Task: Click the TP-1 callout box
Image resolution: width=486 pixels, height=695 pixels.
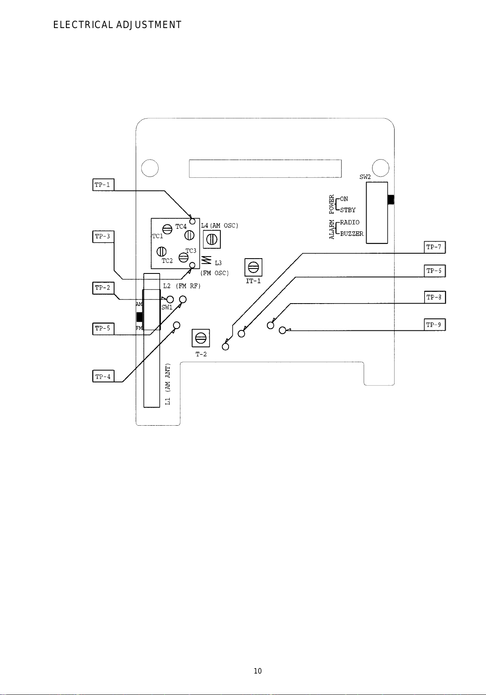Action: coord(103,185)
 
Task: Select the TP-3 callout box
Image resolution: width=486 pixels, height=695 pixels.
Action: coord(103,236)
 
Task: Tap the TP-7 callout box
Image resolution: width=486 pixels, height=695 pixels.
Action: coord(435,247)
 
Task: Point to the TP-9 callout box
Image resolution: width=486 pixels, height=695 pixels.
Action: coord(435,325)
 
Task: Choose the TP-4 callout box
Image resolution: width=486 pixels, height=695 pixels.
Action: coord(103,376)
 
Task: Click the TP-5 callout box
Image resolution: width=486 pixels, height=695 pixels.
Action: coord(103,329)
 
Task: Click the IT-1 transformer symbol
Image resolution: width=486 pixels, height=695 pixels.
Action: coord(253,267)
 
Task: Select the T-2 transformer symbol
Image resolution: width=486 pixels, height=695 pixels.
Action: coord(201,338)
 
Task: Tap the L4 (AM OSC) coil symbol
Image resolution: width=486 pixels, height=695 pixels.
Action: coord(212,239)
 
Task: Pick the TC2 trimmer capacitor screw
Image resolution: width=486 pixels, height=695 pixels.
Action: coord(161,251)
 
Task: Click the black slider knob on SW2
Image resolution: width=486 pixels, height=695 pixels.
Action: coord(391,199)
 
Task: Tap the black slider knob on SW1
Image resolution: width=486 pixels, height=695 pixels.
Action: coord(140,317)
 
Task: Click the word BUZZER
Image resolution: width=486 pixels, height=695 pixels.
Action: coord(352,234)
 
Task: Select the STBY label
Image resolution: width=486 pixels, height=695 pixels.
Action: coord(348,210)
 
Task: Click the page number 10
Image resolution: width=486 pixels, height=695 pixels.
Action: coord(258,671)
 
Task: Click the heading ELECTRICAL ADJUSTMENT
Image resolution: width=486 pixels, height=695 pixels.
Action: coord(117,25)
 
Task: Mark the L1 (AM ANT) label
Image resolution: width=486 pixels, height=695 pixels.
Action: coord(168,384)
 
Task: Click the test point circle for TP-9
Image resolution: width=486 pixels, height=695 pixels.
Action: coord(282,330)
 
